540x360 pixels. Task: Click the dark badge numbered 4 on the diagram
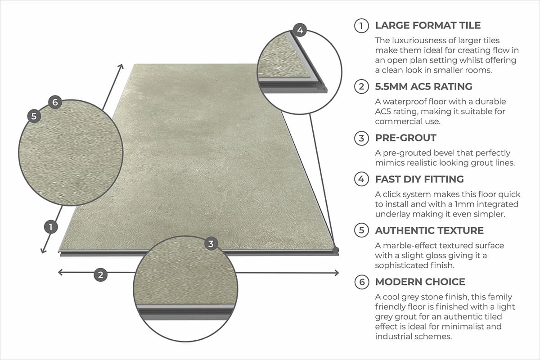pyautogui.click(x=300, y=31)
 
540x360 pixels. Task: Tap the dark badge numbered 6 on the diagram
pyautogui.click(x=55, y=102)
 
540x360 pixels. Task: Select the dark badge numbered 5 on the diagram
pyautogui.click(x=34, y=116)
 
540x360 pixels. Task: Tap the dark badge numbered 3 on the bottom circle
pyautogui.click(x=211, y=244)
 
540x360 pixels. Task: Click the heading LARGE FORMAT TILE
pyautogui.click(x=428, y=26)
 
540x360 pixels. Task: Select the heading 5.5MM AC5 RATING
pyautogui.click(x=423, y=86)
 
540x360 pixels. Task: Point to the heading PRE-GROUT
pyautogui.click(x=405, y=138)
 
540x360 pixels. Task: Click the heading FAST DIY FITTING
pyautogui.click(x=419, y=179)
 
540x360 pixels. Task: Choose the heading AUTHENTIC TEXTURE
pyautogui.click(x=429, y=230)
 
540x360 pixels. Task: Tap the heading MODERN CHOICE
pyautogui.click(x=420, y=282)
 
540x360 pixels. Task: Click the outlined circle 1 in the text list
pyautogui.click(x=361, y=26)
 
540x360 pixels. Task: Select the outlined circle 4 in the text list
pyautogui.click(x=361, y=179)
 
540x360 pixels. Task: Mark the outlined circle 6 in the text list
pyautogui.click(x=361, y=282)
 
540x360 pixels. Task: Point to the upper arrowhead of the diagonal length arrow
pyautogui.click(x=121, y=67)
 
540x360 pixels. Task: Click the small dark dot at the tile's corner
pyautogui.click(x=335, y=249)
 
